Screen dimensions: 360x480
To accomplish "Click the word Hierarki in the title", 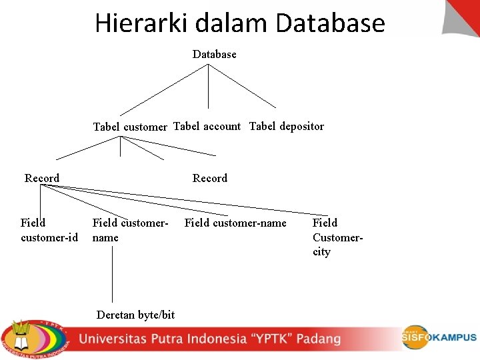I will coord(141,23).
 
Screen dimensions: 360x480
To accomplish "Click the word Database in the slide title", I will coord(330,23).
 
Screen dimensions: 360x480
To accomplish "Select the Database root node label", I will coord(214,54).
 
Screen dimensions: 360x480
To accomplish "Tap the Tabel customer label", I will coord(130,127).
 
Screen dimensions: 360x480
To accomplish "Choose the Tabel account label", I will coord(207,126).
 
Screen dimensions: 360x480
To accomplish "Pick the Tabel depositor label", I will coord(287,126).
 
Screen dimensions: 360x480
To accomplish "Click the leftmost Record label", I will coord(42,178).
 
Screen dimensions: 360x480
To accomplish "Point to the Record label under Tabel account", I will coord(210,178).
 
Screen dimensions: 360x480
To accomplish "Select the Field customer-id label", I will coord(49,230).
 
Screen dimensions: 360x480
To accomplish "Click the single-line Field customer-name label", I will coord(235,223).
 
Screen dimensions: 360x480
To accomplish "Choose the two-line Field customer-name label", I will coord(130,230).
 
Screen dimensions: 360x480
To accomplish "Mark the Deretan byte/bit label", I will coord(135,315).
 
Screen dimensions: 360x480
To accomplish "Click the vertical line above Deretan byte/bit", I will coord(112,273).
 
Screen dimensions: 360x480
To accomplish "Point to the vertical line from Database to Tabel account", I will coord(208,87).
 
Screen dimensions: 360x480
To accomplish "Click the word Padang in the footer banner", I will coord(319,339).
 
